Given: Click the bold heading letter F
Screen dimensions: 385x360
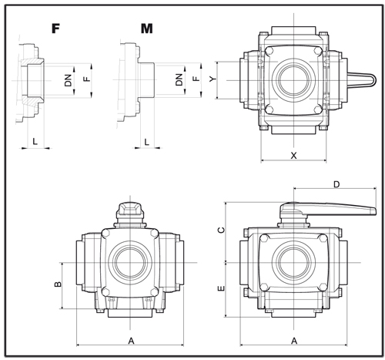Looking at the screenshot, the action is click(x=55, y=29).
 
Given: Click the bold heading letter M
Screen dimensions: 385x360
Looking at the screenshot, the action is click(x=147, y=29).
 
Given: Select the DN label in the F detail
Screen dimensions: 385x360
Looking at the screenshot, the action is click(x=69, y=80).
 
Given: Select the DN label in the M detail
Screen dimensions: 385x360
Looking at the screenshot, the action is click(x=179, y=79).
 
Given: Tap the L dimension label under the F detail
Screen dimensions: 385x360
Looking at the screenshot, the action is click(x=35, y=141).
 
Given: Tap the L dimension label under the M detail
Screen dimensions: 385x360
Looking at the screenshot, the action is click(x=147, y=142).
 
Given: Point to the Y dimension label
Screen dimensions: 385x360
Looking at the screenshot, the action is click(x=213, y=79).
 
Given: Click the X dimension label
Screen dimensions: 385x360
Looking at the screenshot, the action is click(x=293, y=156).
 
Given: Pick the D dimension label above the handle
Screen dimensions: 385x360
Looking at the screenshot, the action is click(x=336, y=184).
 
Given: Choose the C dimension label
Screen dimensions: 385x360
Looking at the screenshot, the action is click(x=221, y=230).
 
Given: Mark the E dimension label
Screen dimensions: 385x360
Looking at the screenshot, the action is click(x=221, y=288).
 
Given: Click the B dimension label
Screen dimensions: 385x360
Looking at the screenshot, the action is click(x=58, y=284).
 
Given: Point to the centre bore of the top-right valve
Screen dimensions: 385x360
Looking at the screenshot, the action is click(x=294, y=80).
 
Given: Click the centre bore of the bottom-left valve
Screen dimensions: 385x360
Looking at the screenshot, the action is click(x=130, y=263).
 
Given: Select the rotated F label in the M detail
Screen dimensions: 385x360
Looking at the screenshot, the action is click(x=196, y=78).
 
